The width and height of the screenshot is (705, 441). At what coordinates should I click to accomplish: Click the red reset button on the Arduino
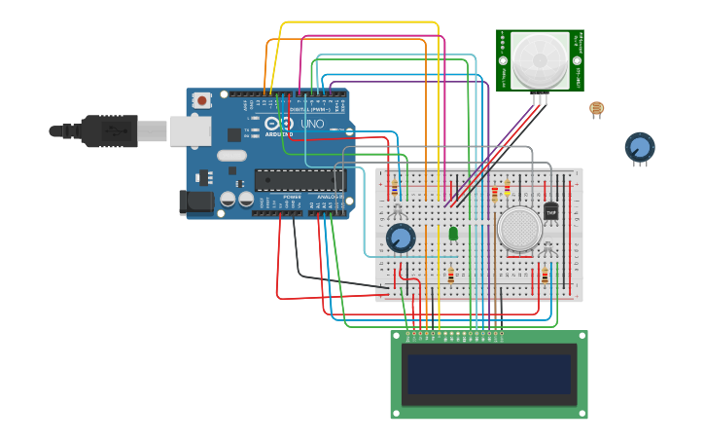tap(202, 99)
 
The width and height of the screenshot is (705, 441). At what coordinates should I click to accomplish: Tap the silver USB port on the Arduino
tap(190, 130)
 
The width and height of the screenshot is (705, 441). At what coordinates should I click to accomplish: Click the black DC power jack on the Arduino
tap(195, 202)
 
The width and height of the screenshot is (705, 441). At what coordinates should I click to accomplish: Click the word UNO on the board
tap(312, 125)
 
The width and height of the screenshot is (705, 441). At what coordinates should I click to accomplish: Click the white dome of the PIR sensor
tap(540, 59)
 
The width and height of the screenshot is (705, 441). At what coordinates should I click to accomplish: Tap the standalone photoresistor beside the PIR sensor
tap(596, 108)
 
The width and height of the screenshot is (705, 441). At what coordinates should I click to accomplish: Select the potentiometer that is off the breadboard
tap(639, 147)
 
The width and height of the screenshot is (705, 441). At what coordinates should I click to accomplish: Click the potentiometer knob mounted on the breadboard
tap(401, 238)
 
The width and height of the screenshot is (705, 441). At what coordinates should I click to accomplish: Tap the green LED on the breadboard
tap(453, 234)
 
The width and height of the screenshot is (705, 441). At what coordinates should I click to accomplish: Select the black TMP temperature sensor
tap(551, 210)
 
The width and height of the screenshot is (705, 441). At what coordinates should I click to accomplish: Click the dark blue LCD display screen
tap(488, 374)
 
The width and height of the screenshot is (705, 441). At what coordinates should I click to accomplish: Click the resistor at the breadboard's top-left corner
tap(394, 189)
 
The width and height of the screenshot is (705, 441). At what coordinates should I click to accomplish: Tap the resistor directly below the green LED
tap(450, 275)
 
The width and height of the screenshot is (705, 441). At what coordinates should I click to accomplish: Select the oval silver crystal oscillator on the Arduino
tap(232, 155)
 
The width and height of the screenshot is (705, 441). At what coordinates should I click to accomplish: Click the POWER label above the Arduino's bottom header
tap(292, 197)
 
